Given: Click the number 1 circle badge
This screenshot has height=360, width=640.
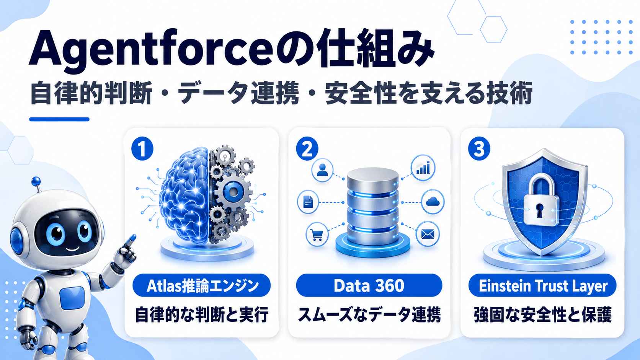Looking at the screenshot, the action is pyautogui.click(x=142, y=149).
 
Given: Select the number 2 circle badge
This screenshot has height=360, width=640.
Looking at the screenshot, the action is pyautogui.click(x=307, y=149).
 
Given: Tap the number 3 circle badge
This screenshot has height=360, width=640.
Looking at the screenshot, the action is pyautogui.click(x=479, y=149).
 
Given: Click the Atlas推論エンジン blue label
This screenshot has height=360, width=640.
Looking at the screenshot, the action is pyautogui.click(x=201, y=285).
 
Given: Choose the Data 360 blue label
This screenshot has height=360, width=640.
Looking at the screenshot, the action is pyautogui.click(x=369, y=285).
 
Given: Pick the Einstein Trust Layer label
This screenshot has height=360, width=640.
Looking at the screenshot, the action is pyautogui.click(x=542, y=285).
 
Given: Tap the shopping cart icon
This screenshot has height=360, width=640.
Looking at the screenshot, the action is pyautogui.click(x=317, y=235).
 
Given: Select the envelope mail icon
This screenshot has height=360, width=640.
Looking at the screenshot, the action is pyautogui.click(x=428, y=235).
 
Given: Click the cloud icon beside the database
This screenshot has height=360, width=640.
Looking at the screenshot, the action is pyautogui.click(x=433, y=202).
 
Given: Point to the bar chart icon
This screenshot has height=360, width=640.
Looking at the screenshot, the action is pyautogui.click(x=423, y=168).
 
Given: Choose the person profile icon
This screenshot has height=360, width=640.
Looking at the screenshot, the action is pyautogui.click(x=322, y=170).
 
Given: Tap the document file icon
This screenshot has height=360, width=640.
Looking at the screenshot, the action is pyautogui.click(x=308, y=202).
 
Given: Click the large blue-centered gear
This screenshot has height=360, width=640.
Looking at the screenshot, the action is pyautogui.click(x=233, y=192).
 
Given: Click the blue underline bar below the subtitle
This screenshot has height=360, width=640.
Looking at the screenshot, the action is pyautogui.click(x=59, y=119).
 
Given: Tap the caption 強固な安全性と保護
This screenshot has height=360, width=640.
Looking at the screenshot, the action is pyautogui.click(x=543, y=315).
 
